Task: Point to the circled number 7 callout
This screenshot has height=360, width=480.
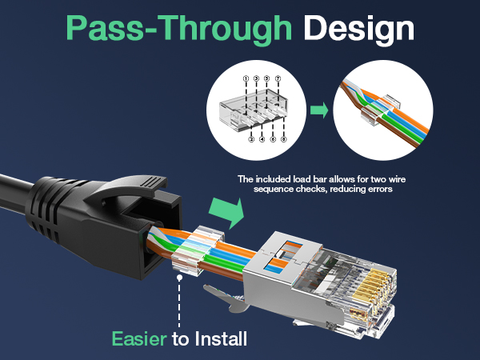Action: [278, 78]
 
